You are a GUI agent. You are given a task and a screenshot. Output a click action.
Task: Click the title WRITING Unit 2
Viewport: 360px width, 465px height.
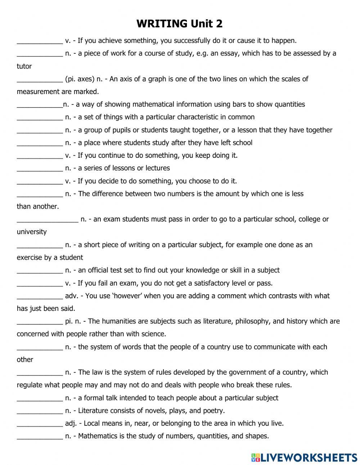pyautogui.click(x=180, y=24)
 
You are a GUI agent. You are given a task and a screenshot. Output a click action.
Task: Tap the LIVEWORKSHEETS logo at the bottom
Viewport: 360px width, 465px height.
pyautogui.click(x=304, y=457)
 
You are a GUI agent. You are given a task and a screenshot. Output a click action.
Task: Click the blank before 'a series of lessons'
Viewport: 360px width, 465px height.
pyautogui.click(x=40, y=169)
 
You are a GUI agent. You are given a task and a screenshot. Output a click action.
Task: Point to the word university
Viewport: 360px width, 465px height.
pyautogui.click(x=32, y=232)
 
